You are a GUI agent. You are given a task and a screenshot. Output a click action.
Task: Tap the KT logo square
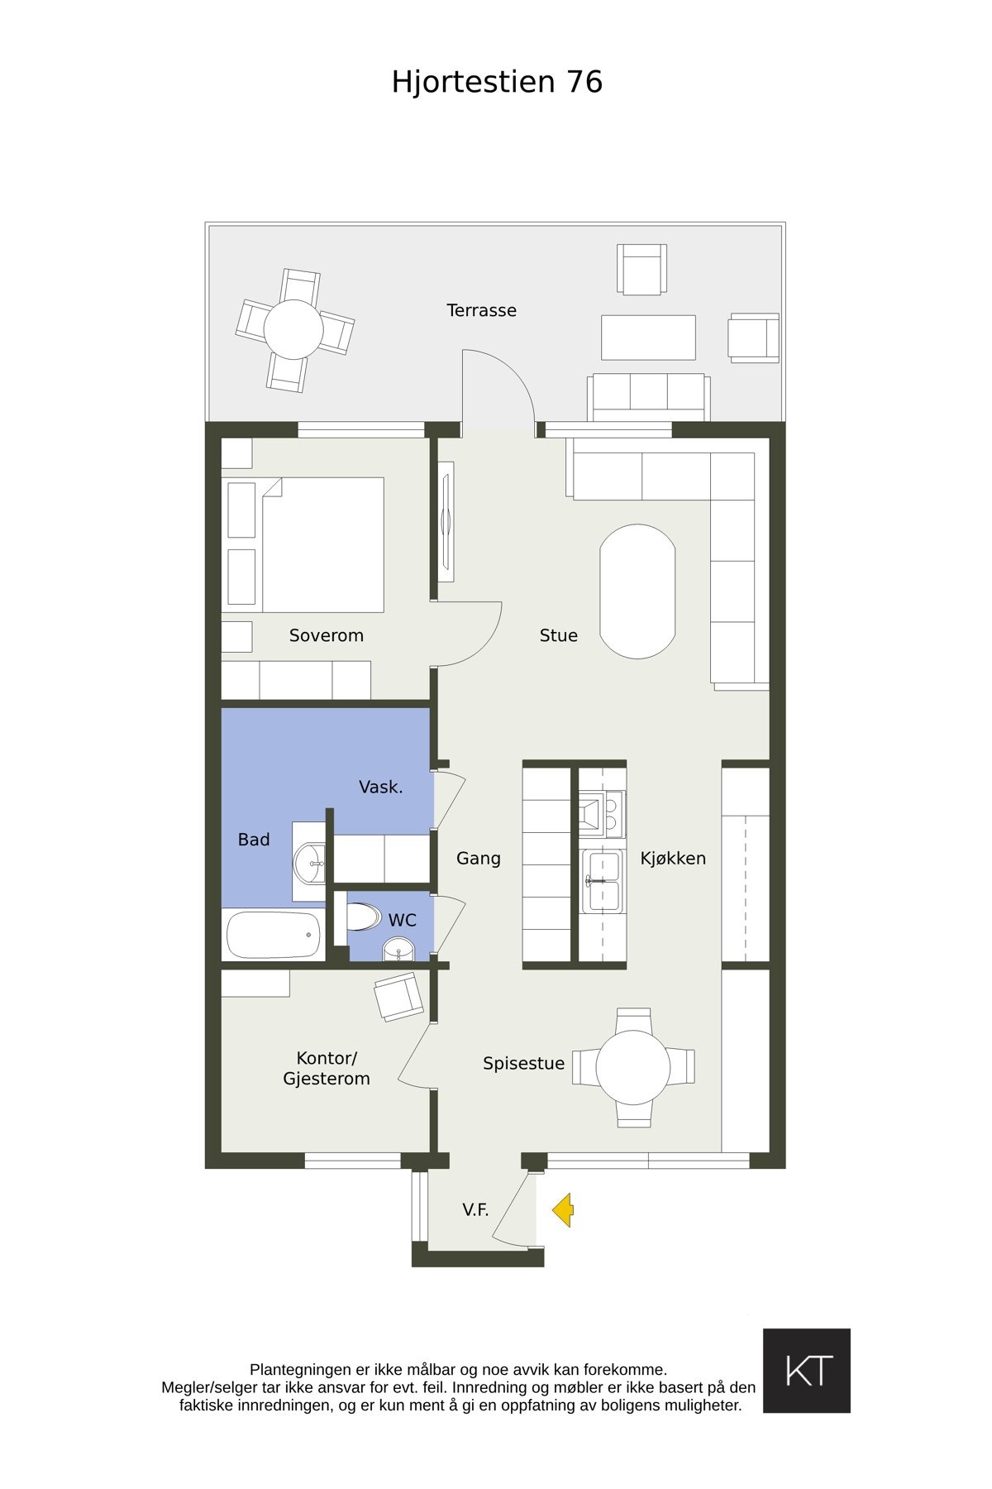coord(806,1371)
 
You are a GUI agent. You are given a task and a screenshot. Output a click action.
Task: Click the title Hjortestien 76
coord(497,82)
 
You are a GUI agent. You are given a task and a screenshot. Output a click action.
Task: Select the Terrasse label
coord(481,310)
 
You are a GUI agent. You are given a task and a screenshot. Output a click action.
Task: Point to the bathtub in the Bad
coord(275,935)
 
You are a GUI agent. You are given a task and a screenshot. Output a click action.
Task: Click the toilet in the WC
coord(361,917)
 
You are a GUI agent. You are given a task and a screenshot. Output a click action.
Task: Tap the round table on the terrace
coord(293,329)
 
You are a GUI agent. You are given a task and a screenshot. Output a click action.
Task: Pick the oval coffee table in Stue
coord(637,591)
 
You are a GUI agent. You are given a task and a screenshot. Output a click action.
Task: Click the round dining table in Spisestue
coord(633,1067)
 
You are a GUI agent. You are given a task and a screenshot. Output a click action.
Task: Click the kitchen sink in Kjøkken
coord(601,881)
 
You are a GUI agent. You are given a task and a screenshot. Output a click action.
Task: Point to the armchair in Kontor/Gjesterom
coord(398,996)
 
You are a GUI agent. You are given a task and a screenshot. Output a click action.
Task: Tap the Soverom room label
coord(327,635)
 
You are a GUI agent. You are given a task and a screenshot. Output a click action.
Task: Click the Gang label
coord(479,859)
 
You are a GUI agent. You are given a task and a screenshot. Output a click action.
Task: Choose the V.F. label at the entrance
coord(475,1210)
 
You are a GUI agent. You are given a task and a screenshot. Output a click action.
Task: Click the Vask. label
coord(381,788)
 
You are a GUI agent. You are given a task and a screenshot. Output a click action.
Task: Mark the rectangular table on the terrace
coord(648,337)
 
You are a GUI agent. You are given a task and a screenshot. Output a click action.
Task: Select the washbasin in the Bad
coord(311,863)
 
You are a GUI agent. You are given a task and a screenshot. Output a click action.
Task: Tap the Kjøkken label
coord(673,859)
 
